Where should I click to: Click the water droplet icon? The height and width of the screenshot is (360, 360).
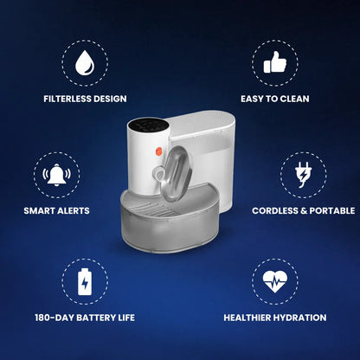85,63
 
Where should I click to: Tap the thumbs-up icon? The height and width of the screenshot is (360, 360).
275,62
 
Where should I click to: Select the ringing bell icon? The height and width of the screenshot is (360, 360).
56,174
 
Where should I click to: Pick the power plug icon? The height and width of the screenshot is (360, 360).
303,175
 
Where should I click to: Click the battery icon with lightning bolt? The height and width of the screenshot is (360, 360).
85,282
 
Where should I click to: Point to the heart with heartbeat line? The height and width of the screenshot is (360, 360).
275,281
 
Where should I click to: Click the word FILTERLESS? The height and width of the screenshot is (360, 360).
64,99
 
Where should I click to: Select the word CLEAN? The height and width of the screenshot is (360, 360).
294,99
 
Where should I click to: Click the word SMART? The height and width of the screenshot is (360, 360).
37,211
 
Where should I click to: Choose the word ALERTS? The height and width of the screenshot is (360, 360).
71,211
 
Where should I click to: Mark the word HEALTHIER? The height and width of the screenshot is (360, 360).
247,318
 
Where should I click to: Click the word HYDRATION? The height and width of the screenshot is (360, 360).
300,318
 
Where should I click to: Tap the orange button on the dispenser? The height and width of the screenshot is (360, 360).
158,151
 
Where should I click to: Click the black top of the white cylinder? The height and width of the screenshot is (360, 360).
148,125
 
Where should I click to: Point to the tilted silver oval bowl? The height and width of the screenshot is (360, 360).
176,174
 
